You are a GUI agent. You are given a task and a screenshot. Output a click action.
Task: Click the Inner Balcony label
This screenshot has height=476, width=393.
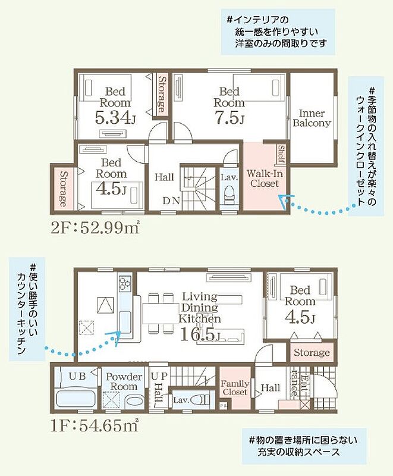(x=312, y=118)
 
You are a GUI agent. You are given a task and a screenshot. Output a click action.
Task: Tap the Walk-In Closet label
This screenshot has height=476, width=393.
(x=265, y=178)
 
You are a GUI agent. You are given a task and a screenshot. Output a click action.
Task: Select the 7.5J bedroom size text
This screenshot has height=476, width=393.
(x=229, y=118)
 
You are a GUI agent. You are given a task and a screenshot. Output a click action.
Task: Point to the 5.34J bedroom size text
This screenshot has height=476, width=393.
(x=115, y=118)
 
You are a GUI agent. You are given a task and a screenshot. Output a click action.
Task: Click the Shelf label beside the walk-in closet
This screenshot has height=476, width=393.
(x=281, y=154)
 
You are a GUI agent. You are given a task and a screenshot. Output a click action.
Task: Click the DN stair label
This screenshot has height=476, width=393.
(x=171, y=201)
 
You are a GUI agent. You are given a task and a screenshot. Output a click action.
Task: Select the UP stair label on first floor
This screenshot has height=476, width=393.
(x=159, y=377)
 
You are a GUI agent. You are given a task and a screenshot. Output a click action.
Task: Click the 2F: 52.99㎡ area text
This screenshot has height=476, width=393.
(x=95, y=228)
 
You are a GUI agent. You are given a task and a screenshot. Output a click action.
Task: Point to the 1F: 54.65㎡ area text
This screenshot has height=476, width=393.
(x=95, y=425)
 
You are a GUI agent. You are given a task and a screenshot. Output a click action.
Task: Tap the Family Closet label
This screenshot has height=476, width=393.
(x=235, y=388)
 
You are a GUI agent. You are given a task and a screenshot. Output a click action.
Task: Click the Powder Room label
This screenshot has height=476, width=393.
(x=124, y=381)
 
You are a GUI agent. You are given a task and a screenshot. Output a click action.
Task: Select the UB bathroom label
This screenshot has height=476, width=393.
(x=77, y=377)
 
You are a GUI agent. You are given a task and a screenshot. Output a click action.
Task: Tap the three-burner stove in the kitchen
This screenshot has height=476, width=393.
(x=125, y=283)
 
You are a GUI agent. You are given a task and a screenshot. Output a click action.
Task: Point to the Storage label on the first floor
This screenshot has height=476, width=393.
(x=312, y=352)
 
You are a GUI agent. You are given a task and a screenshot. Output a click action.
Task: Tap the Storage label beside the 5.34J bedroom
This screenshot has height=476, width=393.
(x=162, y=94)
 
